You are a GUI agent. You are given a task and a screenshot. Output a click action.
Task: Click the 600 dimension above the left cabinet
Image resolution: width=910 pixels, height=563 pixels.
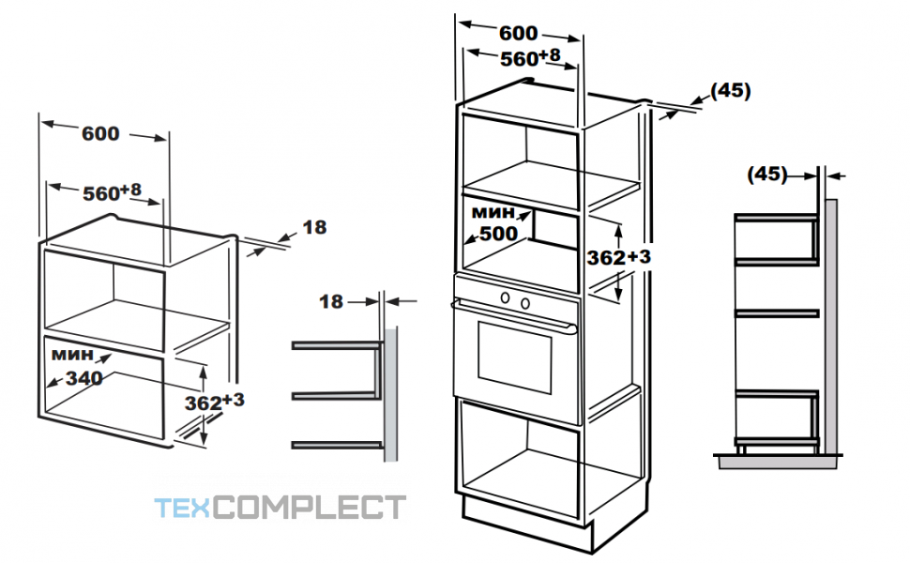point(100,133)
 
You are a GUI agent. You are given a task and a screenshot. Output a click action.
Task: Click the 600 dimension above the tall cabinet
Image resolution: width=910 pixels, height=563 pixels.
point(518,33)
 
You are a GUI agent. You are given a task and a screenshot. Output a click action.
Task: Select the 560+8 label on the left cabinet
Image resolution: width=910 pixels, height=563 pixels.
point(112,192)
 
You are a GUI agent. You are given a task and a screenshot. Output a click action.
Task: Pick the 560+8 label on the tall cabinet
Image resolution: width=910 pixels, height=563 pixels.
point(530,57)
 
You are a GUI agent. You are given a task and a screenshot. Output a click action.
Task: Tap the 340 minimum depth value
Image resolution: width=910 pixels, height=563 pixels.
point(84,378)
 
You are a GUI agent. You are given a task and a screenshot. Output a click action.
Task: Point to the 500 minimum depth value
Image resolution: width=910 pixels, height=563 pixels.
point(498,234)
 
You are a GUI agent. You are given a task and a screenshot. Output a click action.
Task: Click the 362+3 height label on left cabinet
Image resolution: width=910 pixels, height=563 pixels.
point(214,401)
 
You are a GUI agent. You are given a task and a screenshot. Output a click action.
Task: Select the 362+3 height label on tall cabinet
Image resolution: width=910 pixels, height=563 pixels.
point(618,256)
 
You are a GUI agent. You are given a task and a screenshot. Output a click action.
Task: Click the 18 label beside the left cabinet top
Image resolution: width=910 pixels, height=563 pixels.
point(314,227)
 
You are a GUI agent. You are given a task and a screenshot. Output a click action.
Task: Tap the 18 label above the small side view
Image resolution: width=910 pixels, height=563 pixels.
point(331,301)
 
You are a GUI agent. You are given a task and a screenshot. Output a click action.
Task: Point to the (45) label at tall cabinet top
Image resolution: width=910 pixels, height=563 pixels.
point(731,90)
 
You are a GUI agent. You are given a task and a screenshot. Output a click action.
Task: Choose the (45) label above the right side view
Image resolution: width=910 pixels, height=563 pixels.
point(767,175)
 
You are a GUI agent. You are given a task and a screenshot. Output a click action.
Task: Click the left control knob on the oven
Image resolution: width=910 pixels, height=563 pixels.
point(506,298)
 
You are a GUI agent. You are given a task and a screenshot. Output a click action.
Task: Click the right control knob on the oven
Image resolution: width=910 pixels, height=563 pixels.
point(525,303)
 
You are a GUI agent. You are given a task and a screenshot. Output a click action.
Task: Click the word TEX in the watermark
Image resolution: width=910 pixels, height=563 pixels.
point(183,508)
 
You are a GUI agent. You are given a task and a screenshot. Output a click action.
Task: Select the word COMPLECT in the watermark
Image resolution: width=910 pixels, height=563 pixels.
point(310,508)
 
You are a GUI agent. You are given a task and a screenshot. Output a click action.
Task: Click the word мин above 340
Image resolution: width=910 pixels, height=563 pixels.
point(72,354)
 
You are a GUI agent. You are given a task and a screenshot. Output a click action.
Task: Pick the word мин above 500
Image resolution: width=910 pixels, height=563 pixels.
point(493,212)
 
